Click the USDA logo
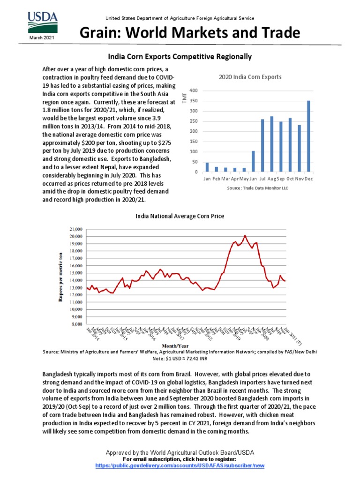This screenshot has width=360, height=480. [x=43, y=22]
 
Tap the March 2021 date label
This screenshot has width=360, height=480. [x=43, y=37]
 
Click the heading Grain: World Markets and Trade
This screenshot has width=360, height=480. [x=189, y=33]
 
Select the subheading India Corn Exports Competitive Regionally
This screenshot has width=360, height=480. [x=180, y=57]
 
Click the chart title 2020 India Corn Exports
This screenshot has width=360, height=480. [x=250, y=77]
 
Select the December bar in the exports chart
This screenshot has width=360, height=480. [x=308, y=136]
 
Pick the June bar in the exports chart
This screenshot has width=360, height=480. [x=254, y=161]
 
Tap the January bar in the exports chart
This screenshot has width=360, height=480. [x=207, y=167]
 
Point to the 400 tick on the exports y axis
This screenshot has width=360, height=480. [x=194, y=90]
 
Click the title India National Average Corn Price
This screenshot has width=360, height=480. [x=180, y=216]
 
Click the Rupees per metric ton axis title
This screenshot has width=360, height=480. [x=60, y=276]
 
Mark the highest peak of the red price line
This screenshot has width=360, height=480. [x=245, y=235]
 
